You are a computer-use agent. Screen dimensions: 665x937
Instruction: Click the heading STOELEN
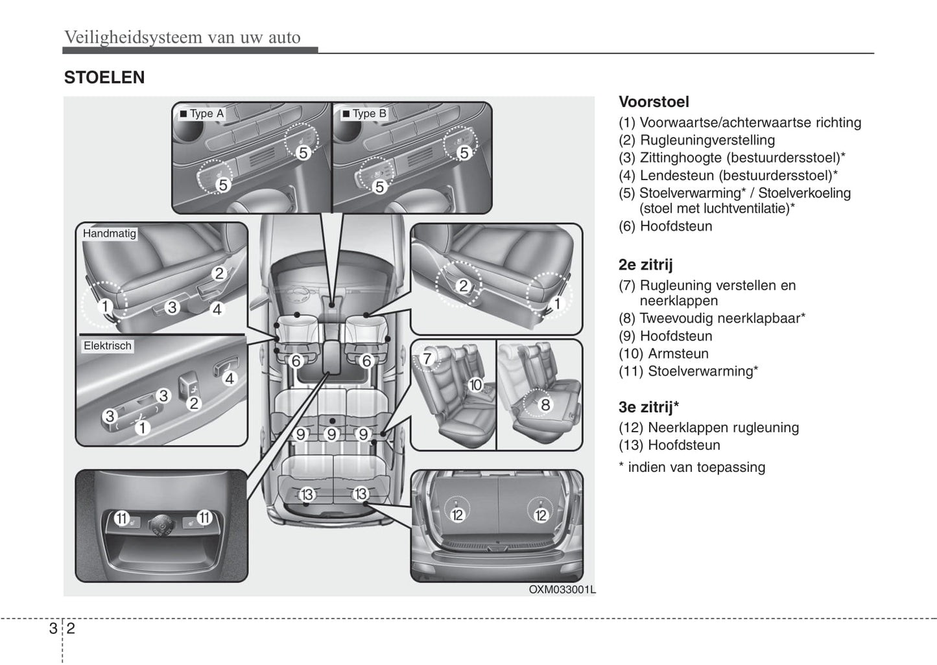point(104,78)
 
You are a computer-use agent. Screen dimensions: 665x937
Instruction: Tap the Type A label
point(202,113)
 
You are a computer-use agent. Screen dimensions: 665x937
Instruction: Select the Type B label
point(364,113)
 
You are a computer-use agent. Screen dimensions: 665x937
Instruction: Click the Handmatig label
point(109,233)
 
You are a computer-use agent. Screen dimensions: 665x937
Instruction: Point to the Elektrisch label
point(107,346)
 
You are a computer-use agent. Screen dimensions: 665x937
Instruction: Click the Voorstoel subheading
point(654,102)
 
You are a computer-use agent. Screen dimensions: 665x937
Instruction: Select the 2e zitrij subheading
point(645,264)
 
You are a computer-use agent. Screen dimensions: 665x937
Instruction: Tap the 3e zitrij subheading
point(648,407)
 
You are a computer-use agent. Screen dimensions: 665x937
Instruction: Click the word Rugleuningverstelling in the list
point(707,140)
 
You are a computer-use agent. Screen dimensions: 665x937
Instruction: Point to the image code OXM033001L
point(562,590)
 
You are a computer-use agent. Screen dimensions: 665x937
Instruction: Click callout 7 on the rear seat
point(427,358)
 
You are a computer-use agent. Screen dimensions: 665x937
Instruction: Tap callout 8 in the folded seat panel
point(545,405)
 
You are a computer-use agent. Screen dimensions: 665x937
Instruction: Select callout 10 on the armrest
point(475,385)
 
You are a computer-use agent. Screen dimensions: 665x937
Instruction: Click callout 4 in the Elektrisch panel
point(229,379)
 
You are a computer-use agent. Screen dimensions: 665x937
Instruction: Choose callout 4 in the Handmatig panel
point(217,309)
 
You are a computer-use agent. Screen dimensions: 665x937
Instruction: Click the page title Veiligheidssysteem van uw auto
point(182,37)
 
